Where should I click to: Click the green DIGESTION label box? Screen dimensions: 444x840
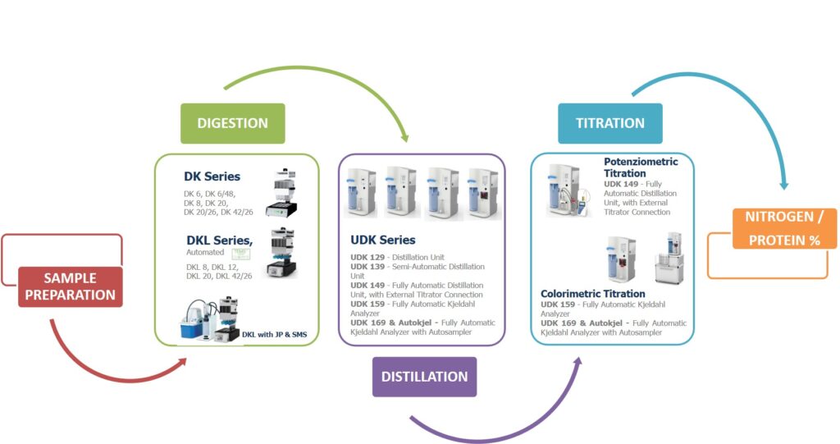(x=232, y=123)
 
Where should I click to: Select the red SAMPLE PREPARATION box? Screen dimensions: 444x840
(x=70, y=286)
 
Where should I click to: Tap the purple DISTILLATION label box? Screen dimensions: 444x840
(x=424, y=377)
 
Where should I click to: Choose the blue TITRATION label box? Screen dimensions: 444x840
(x=609, y=123)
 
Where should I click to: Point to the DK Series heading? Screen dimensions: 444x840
(x=212, y=176)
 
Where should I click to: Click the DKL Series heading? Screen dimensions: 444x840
(x=219, y=240)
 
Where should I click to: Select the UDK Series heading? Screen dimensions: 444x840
(x=383, y=240)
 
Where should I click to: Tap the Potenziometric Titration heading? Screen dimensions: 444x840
(x=641, y=167)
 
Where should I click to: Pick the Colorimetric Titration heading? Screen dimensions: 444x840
(x=593, y=294)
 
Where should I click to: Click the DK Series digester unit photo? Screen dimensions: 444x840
(x=280, y=191)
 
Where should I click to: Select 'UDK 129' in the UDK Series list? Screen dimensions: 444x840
(x=365, y=258)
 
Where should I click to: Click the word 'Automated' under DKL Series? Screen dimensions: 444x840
(x=201, y=253)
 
